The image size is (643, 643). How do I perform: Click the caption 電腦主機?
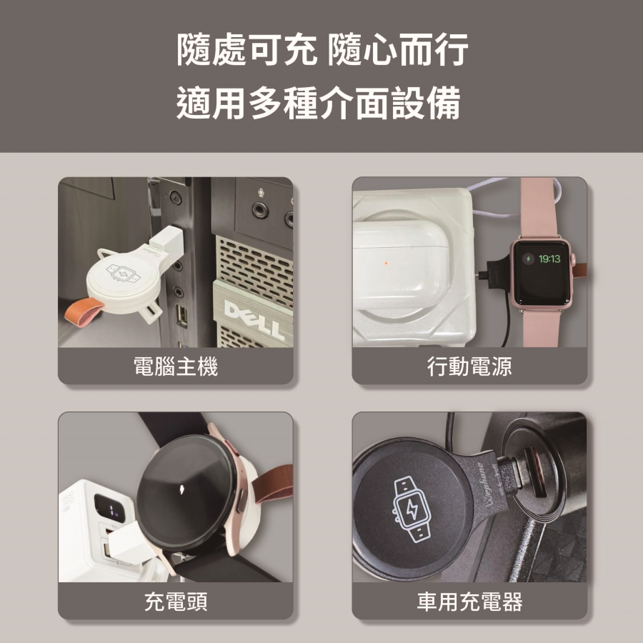point(176,367)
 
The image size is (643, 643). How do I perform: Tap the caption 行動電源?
point(469,367)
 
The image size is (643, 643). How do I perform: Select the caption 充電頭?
point(176,602)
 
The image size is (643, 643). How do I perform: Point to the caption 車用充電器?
point(469,602)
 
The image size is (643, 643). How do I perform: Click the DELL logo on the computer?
point(254,319)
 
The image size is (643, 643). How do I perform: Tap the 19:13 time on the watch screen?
point(549,259)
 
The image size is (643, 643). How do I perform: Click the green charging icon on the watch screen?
point(528,259)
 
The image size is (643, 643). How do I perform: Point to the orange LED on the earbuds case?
point(386,263)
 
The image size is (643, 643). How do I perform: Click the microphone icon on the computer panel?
point(260,192)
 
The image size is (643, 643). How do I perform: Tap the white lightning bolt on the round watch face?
point(182,489)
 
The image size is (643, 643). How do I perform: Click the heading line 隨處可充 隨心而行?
point(322,49)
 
